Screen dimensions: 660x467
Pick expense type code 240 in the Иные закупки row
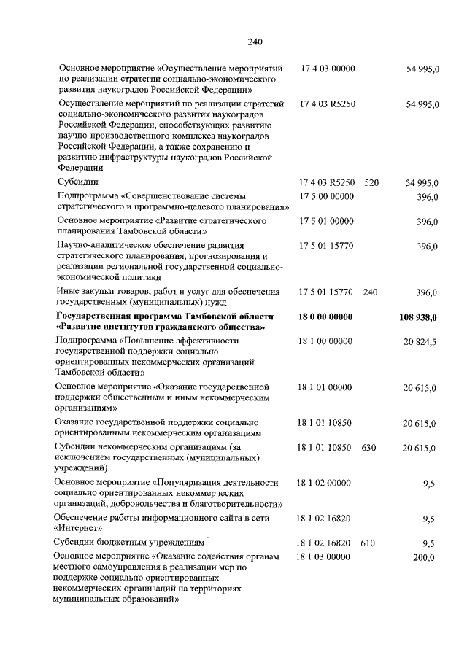click(370, 292)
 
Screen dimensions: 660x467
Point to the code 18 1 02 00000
click(325, 483)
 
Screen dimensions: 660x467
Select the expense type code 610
click(368, 543)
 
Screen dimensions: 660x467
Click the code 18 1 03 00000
click(325, 557)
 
